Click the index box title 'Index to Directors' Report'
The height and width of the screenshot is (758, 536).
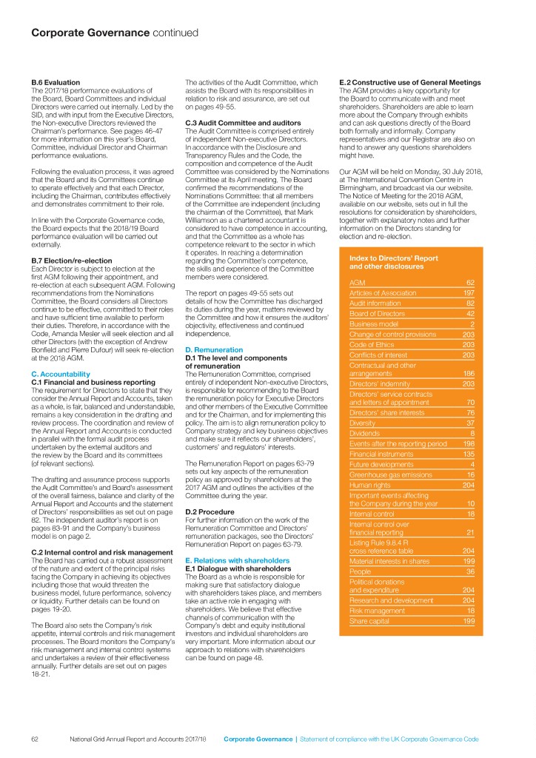(x=392, y=257)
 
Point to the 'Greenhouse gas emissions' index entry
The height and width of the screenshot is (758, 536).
(x=386, y=474)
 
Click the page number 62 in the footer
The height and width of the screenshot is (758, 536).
(x=35, y=739)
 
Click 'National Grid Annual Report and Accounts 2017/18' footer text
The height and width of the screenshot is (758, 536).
(x=138, y=739)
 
